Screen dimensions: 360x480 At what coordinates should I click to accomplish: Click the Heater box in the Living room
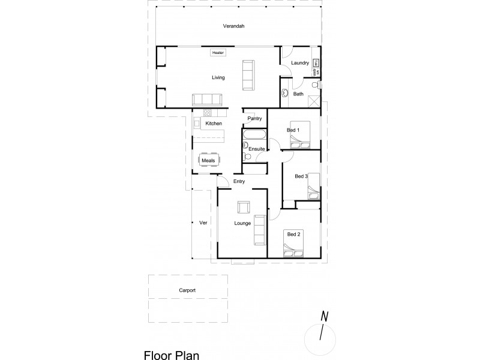point(217,53)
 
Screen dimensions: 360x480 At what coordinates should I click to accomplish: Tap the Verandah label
point(234,26)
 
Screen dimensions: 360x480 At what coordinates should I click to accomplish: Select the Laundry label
point(299,63)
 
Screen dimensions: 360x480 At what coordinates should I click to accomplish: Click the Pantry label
point(254,119)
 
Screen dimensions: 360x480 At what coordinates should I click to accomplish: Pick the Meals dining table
point(209,161)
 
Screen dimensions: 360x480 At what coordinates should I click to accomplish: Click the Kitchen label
point(214,124)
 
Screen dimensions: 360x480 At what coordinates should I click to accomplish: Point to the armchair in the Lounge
point(244,207)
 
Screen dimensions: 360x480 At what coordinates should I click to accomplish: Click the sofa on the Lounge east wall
point(260,230)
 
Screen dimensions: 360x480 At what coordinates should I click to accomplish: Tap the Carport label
point(187,290)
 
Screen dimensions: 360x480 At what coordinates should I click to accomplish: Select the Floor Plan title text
point(171,354)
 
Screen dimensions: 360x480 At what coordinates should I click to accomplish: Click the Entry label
point(239,181)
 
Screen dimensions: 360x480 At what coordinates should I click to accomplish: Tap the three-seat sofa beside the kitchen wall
point(206,100)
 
